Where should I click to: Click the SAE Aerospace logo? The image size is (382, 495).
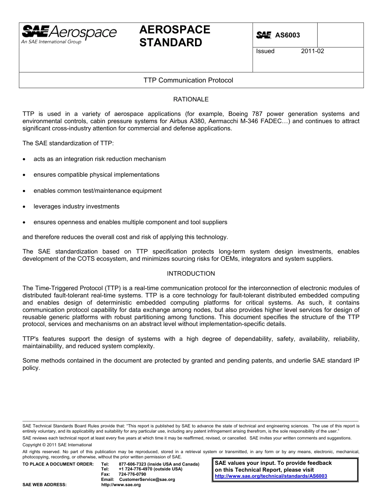coord(69,34)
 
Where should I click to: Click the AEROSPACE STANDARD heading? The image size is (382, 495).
coord(175,36)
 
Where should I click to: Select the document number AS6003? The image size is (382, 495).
coord(287,35)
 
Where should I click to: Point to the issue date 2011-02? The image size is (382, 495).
coord(312,51)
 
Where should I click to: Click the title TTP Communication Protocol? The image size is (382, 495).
coord(188,80)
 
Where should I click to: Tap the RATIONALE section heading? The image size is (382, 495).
coord(191,99)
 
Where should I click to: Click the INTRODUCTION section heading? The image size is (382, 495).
coord(191,274)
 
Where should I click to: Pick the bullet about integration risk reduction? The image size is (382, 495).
coord(99,159)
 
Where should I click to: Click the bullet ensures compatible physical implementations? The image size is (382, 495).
coord(96,175)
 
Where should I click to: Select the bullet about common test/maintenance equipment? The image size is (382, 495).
coord(97,191)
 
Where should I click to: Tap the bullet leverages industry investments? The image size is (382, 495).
coord(76,206)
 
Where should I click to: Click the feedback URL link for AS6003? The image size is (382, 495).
coord(271,476)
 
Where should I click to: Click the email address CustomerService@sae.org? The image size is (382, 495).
coord(147,479)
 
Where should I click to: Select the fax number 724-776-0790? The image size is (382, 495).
coord(132,474)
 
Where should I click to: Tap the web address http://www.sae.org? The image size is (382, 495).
coord(121,485)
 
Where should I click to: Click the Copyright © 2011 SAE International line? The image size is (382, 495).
coord(57,445)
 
